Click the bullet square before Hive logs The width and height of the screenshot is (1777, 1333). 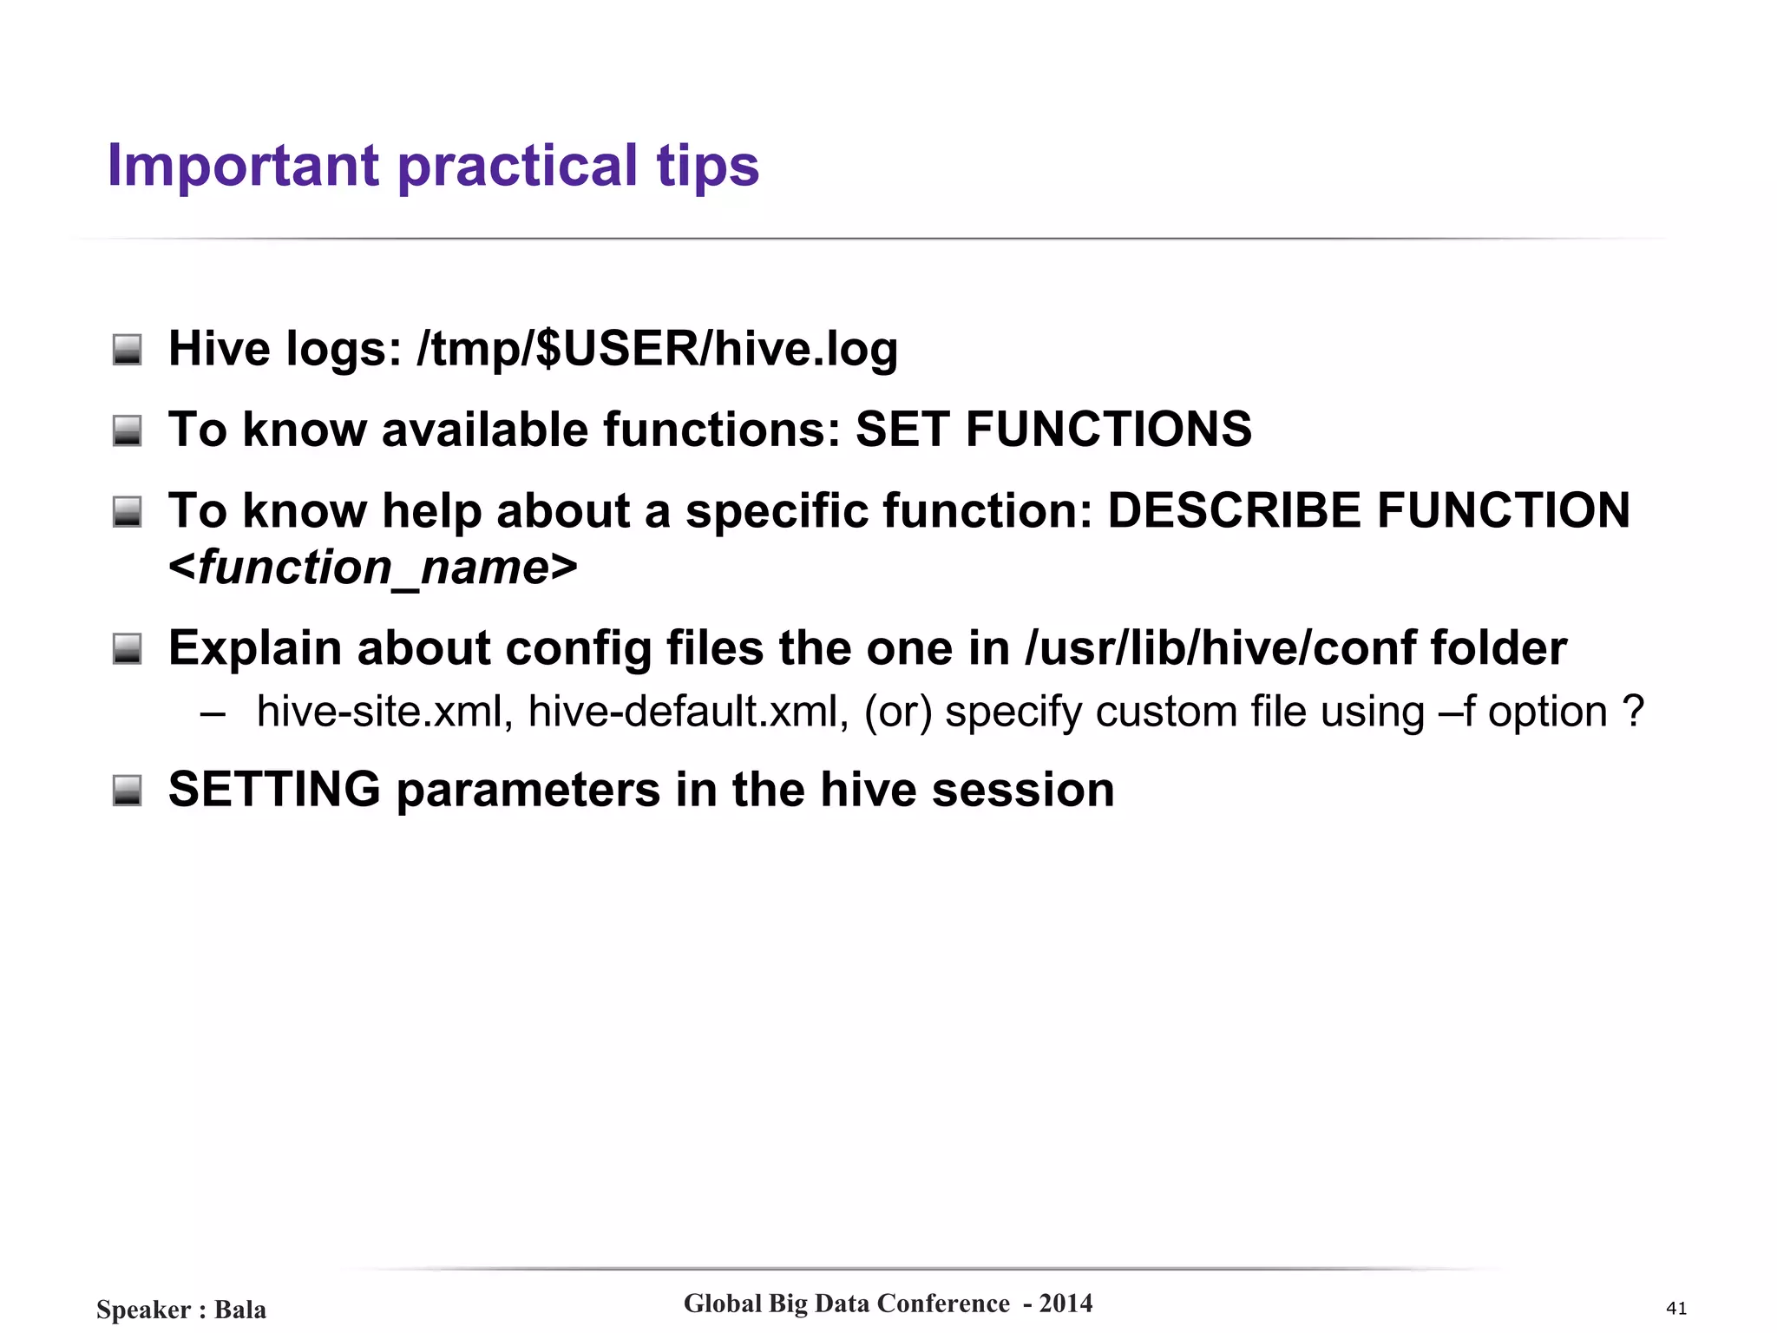[x=128, y=350]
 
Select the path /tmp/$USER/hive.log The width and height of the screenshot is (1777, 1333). [x=657, y=349]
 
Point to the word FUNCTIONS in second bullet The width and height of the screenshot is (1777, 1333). [x=1108, y=430]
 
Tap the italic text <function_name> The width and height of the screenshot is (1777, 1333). [x=373, y=568]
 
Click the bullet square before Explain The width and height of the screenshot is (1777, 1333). [x=128, y=648]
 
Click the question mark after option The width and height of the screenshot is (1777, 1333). [x=1633, y=712]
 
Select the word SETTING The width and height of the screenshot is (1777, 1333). [x=274, y=790]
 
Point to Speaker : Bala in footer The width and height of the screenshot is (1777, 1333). [x=181, y=1309]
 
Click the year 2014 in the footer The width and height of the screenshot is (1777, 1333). [x=1066, y=1303]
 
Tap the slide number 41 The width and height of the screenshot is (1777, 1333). [x=1676, y=1308]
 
